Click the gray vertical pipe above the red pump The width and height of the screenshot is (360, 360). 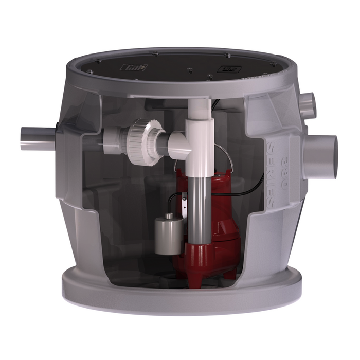tap(197, 206)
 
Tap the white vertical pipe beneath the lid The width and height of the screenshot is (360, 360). tap(199, 116)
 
